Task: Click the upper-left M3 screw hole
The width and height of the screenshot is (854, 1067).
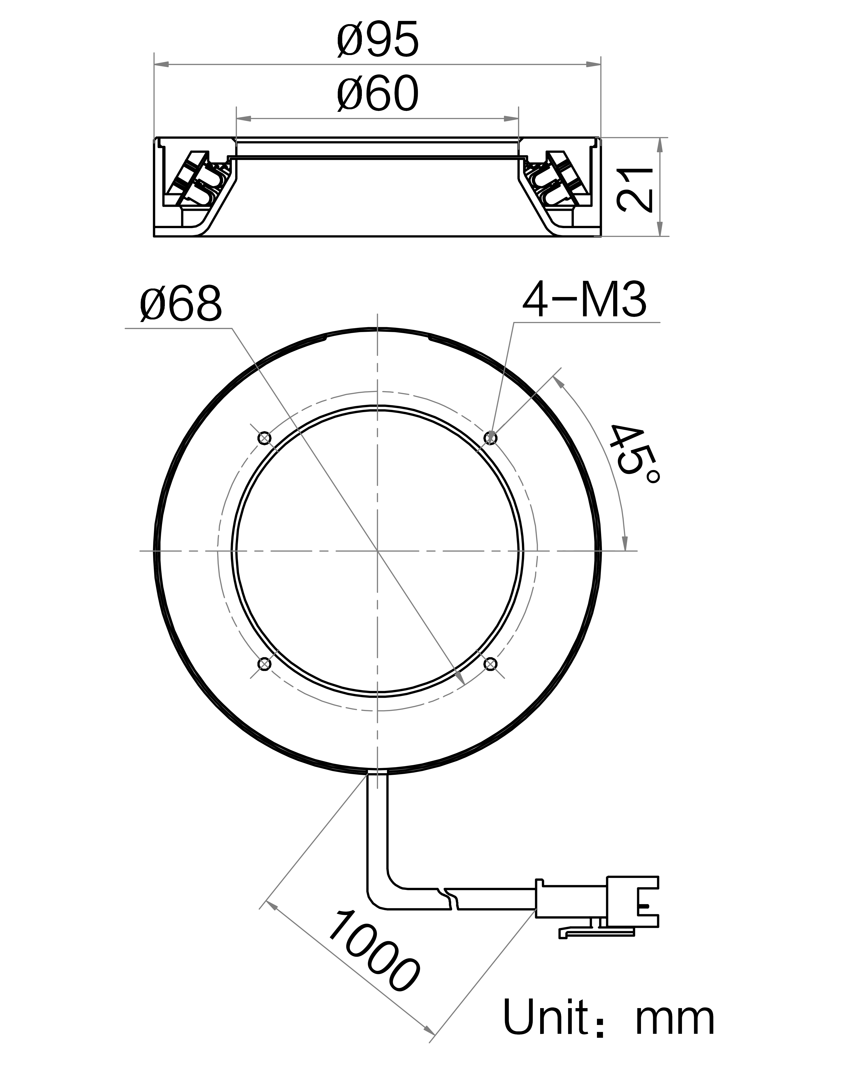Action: coord(265,438)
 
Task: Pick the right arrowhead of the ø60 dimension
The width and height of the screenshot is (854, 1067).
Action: coord(511,119)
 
